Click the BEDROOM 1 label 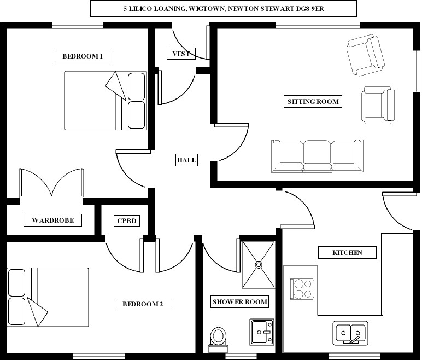pyautogui.click(x=83, y=56)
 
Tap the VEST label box pyautogui.click(x=181, y=54)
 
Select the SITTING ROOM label pyautogui.click(x=313, y=102)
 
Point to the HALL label pyautogui.click(x=186, y=160)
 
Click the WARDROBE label pyautogui.click(x=52, y=220)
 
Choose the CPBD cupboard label pyautogui.click(x=127, y=220)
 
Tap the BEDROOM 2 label pyautogui.click(x=143, y=304)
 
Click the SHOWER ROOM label pyautogui.click(x=239, y=302)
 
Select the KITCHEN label pyautogui.click(x=347, y=252)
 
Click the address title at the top pyautogui.click(x=224, y=9)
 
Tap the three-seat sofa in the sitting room pyautogui.click(x=317, y=156)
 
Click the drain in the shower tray pyautogui.click(x=259, y=265)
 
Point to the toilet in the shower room pyautogui.click(x=218, y=340)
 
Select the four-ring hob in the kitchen pyautogui.click(x=302, y=289)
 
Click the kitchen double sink pyautogui.click(x=350, y=333)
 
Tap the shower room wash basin pyautogui.click(x=262, y=332)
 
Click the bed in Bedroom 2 pyautogui.click(x=48, y=297)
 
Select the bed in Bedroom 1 pyautogui.click(x=106, y=101)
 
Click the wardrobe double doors pyautogui.click(x=52, y=183)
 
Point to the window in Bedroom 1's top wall pyautogui.click(x=78, y=25)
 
